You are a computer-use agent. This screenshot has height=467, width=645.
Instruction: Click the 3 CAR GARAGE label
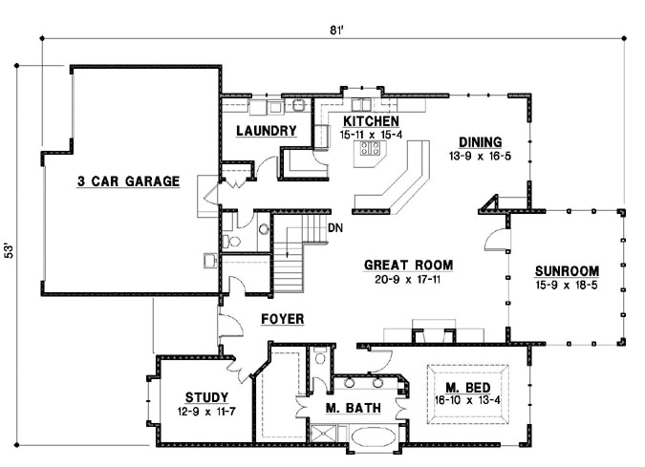click(x=129, y=180)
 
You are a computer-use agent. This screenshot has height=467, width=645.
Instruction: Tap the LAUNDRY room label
click(x=266, y=131)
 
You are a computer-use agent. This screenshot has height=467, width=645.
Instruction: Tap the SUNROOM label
click(x=566, y=269)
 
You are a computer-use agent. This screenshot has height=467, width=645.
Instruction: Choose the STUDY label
click(x=205, y=397)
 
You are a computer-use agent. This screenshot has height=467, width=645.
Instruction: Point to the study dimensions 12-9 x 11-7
click(x=205, y=412)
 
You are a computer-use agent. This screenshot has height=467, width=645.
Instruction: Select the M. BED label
click(x=468, y=387)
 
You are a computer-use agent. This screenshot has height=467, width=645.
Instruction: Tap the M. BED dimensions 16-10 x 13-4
click(x=468, y=400)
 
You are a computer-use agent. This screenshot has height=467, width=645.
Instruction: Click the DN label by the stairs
click(x=334, y=228)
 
